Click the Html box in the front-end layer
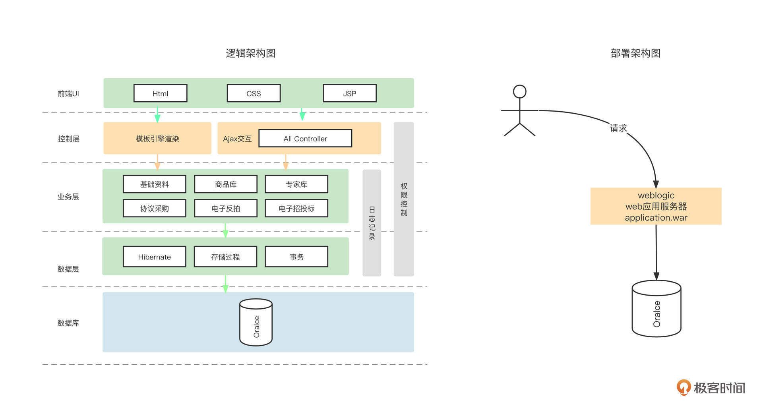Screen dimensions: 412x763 (160, 93)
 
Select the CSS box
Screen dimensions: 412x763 (254, 93)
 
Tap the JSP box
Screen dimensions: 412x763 (349, 93)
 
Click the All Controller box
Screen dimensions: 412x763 (305, 138)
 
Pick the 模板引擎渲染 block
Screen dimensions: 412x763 (157, 138)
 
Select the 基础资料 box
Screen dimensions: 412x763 (155, 184)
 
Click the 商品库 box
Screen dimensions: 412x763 (226, 184)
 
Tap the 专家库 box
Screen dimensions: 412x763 (296, 184)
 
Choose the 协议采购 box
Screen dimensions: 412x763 (155, 208)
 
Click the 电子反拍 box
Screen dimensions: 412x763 (226, 208)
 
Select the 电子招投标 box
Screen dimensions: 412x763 (296, 208)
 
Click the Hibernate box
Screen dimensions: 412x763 (155, 257)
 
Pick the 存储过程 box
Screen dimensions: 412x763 (225, 257)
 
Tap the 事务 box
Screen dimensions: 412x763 (296, 257)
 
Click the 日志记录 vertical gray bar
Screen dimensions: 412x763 (372, 223)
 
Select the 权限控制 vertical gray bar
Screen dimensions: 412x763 (404, 199)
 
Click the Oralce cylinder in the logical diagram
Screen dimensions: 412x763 (256, 323)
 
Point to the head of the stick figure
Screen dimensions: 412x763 (520, 92)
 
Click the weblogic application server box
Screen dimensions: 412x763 (656, 206)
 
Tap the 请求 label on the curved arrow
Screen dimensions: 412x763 (618, 128)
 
